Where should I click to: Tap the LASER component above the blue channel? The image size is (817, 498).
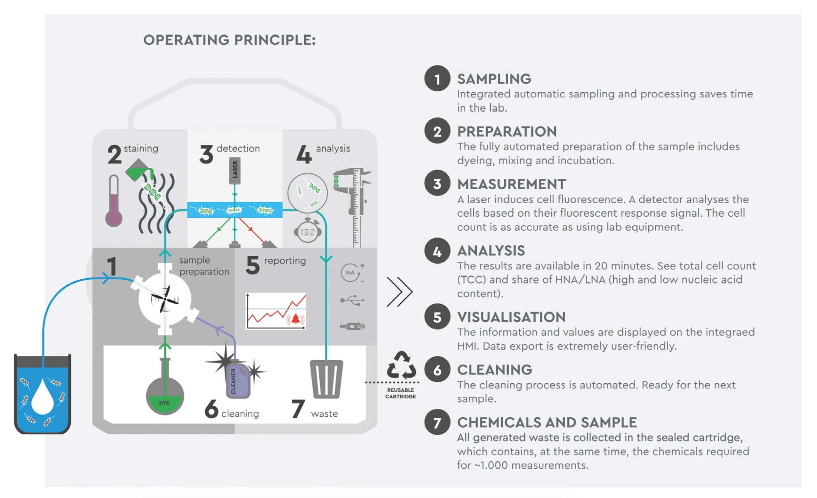click(x=234, y=171)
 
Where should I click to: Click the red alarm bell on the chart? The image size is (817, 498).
click(x=296, y=318)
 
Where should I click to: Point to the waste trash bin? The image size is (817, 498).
click(x=326, y=379)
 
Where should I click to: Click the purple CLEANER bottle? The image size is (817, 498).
click(x=238, y=381)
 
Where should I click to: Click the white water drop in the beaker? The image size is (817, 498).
click(x=42, y=397)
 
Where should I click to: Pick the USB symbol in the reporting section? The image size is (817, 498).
click(x=352, y=300)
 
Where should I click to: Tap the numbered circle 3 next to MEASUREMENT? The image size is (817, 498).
click(x=437, y=183)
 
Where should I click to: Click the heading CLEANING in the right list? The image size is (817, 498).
click(x=494, y=370)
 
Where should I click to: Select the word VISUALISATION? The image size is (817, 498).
click(x=511, y=317)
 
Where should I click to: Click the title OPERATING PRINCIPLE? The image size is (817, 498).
click(x=229, y=40)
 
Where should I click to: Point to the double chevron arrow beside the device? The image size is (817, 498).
click(x=400, y=291)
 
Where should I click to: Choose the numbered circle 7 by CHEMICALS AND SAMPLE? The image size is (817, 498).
click(x=437, y=422)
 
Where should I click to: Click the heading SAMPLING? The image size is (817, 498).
click(x=494, y=79)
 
